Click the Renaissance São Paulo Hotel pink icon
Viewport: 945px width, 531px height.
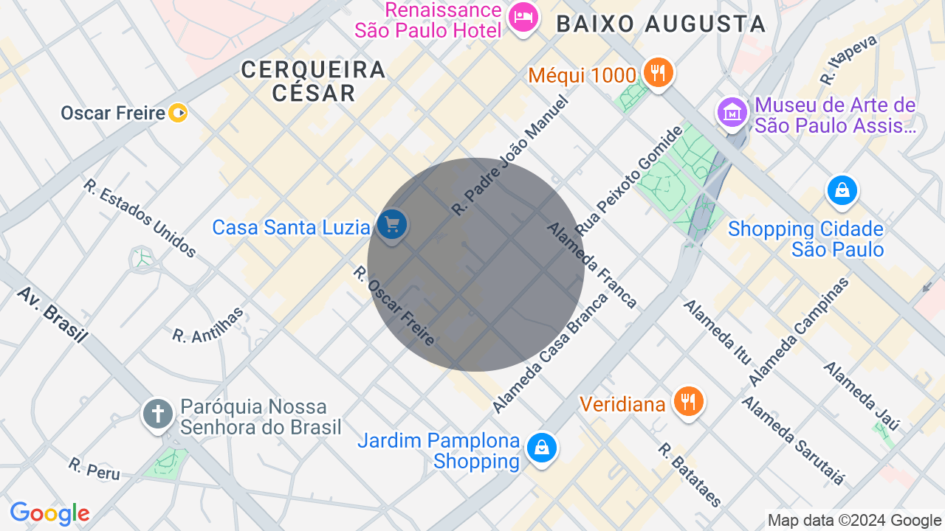tap(523, 17)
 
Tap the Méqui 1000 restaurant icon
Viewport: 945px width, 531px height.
tap(657, 73)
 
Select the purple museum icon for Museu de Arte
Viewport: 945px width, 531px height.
tap(732, 113)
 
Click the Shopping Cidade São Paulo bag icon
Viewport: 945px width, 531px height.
tap(842, 190)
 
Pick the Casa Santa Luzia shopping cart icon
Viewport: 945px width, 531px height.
tap(391, 224)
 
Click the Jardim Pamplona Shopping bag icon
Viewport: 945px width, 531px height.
tap(542, 448)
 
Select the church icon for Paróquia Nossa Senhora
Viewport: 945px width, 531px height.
tap(157, 414)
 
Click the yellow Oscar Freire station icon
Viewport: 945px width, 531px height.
tap(178, 113)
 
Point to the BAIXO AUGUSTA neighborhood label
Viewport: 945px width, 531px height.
tap(661, 24)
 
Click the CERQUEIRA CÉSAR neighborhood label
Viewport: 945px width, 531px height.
tap(313, 81)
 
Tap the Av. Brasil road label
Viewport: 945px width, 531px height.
tap(52, 314)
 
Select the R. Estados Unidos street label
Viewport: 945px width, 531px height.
tap(140, 218)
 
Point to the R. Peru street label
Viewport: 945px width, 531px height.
tap(94, 468)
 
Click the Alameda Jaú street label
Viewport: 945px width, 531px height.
tap(862, 395)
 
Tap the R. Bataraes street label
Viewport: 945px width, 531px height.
tap(690, 475)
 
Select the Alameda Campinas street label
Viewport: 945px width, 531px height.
tap(799, 331)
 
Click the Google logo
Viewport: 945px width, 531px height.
tap(49, 513)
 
